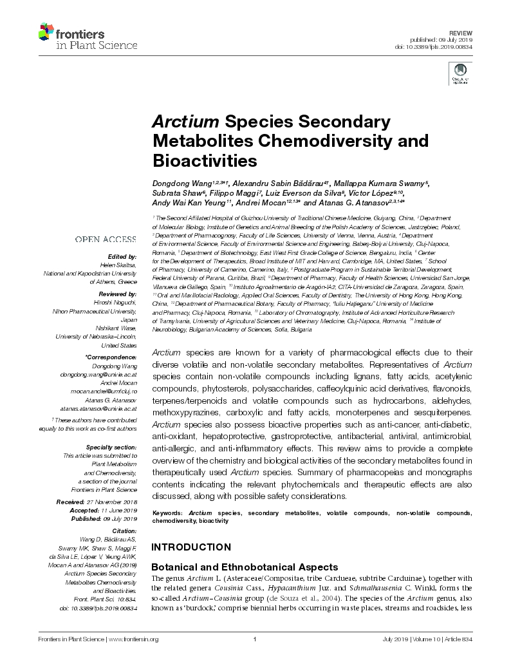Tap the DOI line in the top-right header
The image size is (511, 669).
[x=435, y=47]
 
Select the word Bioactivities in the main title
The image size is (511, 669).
[x=204, y=159]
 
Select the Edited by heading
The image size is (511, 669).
[x=123, y=256]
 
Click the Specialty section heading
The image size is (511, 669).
[x=111, y=446]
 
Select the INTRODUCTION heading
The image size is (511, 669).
[x=190, y=547]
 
